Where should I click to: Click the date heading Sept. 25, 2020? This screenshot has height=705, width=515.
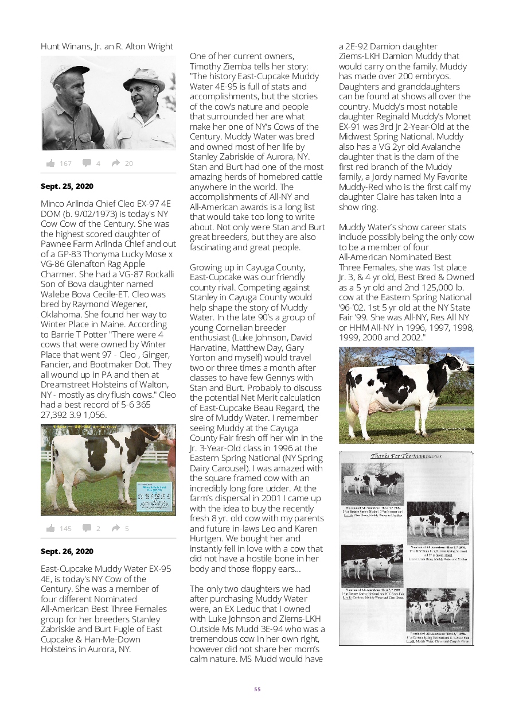pos(67,187)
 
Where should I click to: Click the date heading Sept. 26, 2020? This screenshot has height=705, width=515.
pos(67,552)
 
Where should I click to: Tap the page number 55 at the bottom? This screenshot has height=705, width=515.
pos(257,689)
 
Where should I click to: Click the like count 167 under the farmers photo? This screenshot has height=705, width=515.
pos(65,164)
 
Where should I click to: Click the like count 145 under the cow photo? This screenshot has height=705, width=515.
pos(65,529)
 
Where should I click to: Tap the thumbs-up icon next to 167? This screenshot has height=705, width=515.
pos(51,164)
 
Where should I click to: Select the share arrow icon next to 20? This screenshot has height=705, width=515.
pos(115,164)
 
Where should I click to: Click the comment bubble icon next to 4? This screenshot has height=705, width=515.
pos(87,164)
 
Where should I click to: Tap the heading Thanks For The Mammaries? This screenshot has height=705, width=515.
pos(405,456)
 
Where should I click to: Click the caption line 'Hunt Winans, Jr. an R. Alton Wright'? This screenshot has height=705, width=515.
pos(107,47)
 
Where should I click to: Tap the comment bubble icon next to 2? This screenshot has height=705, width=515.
pos(87,529)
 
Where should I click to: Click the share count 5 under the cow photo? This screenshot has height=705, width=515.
pos(127,529)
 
